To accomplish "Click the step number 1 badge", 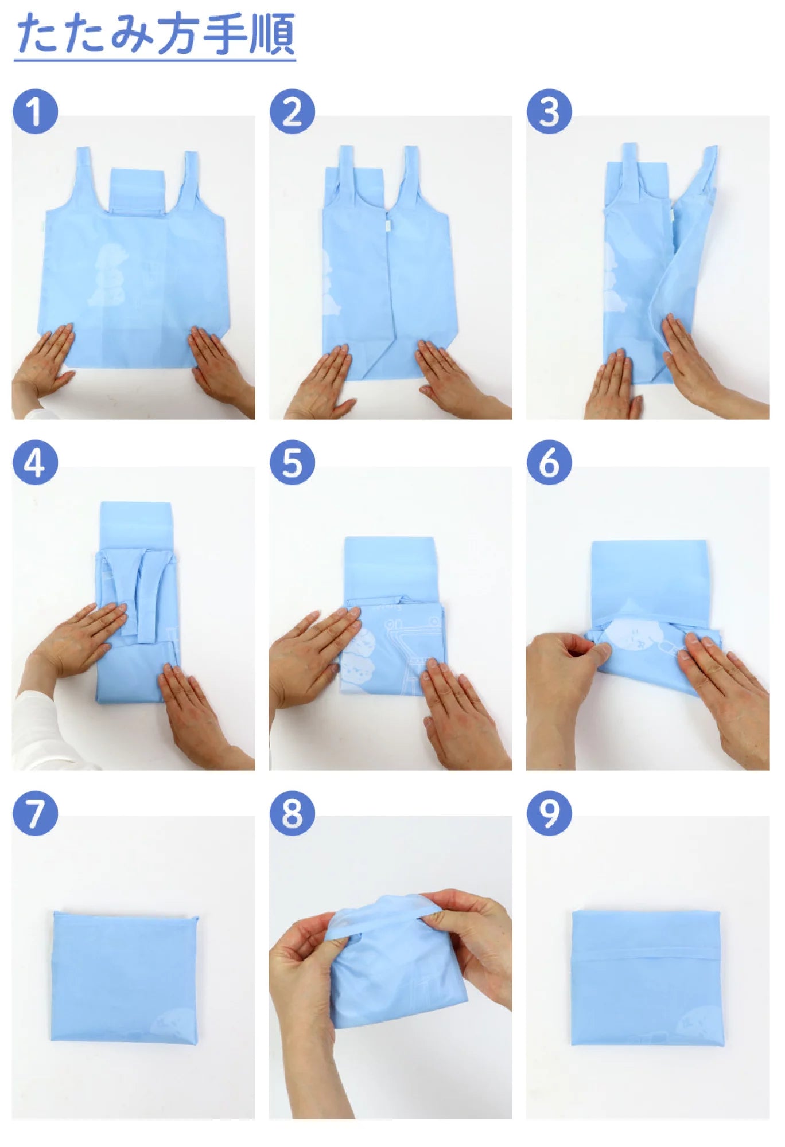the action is click(35, 112).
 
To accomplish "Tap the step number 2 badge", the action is click(292, 112).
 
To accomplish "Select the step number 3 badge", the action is click(549, 112).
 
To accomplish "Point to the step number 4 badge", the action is click(35, 462).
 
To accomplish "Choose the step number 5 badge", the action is click(292, 462).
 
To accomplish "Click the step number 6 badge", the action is click(549, 462).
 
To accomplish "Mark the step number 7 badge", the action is click(35, 813).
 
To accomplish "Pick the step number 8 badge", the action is click(292, 813).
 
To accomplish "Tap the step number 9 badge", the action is click(549, 813).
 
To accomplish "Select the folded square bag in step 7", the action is click(125, 977).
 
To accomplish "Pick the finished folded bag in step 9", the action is click(647, 977).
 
